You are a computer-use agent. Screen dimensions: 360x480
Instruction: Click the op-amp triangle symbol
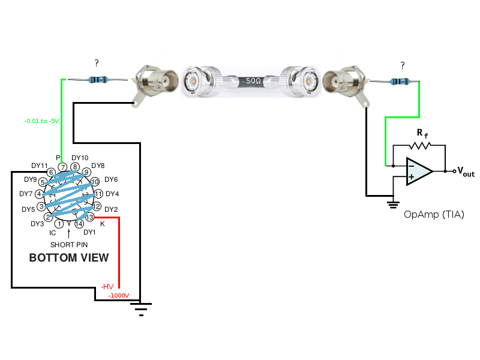419,172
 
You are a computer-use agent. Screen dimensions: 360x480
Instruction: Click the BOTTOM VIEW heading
69,258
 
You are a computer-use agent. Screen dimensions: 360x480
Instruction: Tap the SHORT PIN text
69,245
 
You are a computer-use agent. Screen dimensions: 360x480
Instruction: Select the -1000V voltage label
118,296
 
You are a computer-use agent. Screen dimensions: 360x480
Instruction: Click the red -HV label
108,286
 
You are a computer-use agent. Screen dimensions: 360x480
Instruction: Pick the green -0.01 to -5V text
41,121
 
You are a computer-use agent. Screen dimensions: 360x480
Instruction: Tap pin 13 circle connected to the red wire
91,217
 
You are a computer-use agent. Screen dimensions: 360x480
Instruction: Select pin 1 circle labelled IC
59,224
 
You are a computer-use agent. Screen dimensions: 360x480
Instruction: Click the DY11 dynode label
40,166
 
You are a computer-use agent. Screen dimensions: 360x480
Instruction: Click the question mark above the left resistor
97,62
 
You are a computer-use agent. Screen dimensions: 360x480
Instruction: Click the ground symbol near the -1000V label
141,308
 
